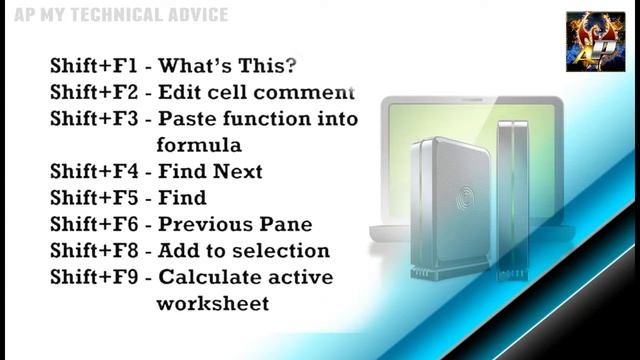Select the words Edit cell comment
[x=257, y=93]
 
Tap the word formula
[x=200, y=145]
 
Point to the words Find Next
[x=211, y=172]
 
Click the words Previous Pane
[x=236, y=224]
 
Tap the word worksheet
[x=213, y=303]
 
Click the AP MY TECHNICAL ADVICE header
[x=114, y=15]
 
